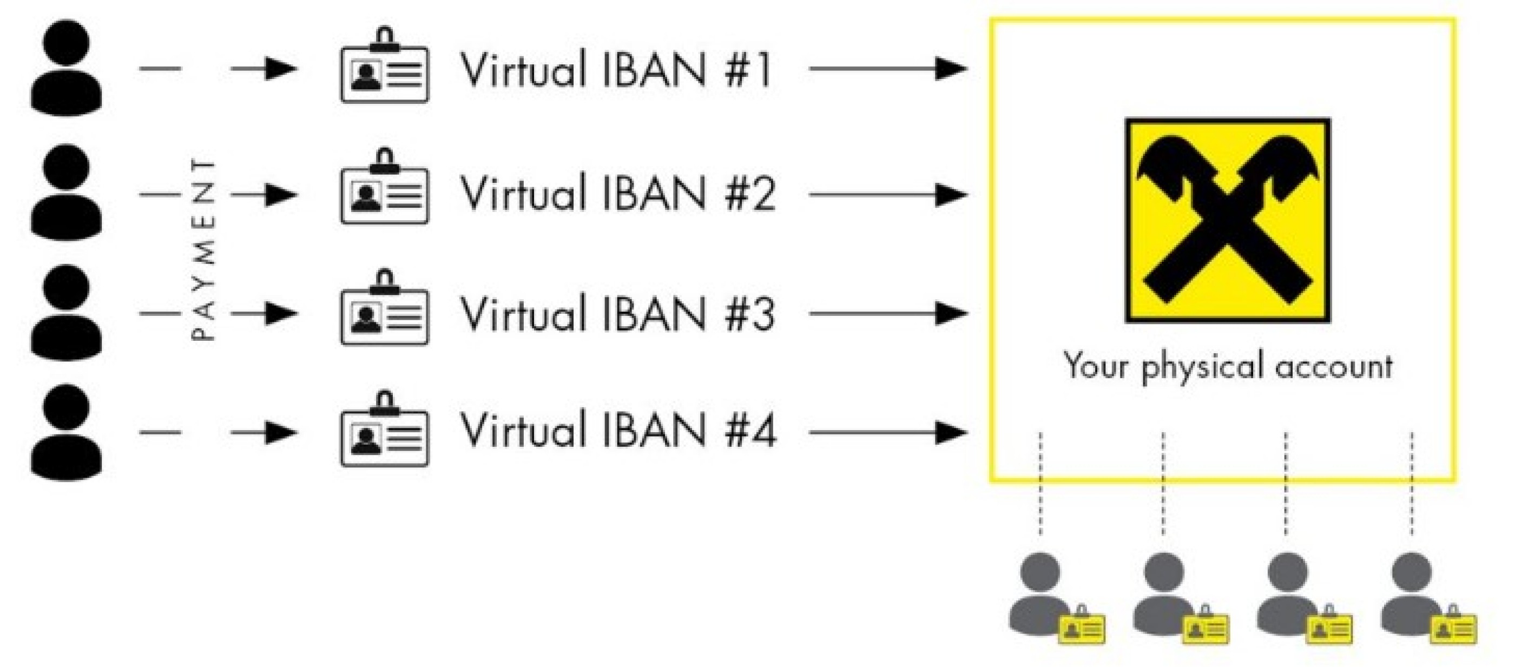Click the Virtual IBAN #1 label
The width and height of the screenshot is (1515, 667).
tap(615, 69)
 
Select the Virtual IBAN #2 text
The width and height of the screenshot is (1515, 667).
tap(616, 194)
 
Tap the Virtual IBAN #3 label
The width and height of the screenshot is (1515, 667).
tap(616, 314)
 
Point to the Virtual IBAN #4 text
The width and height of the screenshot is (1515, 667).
tap(616, 431)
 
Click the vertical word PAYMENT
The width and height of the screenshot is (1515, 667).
tap(204, 249)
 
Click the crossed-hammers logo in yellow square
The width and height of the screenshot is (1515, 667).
tap(1227, 221)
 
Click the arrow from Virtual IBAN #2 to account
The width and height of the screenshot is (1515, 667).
tap(887, 194)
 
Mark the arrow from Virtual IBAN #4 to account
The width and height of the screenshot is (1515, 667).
tap(887, 433)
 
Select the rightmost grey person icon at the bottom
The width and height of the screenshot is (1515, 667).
tap(1412, 594)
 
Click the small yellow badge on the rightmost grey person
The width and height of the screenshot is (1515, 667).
tap(1453, 627)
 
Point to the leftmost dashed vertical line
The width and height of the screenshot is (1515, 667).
tap(1040, 484)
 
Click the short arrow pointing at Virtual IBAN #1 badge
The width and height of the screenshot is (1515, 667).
tap(264, 69)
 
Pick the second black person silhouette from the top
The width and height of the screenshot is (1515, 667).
tap(66, 193)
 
